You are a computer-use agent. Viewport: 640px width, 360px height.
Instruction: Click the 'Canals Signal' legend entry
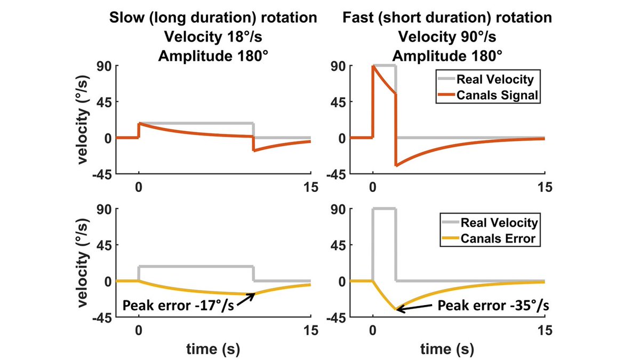pyautogui.click(x=495, y=95)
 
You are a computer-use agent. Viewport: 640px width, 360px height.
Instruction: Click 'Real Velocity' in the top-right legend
pyautogui.click(x=495, y=80)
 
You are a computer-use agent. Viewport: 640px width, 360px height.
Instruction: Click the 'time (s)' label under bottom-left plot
pyautogui.click(x=212, y=349)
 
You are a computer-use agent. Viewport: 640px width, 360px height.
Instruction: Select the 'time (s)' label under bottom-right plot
pyautogui.click(x=447, y=349)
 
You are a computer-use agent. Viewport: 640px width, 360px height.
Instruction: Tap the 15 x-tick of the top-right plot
pyautogui.click(x=545, y=187)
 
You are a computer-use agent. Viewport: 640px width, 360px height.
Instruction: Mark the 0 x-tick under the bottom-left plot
pyautogui.click(x=139, y=331)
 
